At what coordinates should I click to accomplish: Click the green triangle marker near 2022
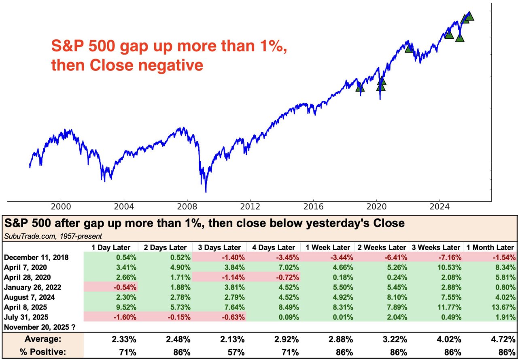[x=409, y=49]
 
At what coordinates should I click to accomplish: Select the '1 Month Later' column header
[x=490, y=247]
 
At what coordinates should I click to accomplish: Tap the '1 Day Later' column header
[x=110, y=247]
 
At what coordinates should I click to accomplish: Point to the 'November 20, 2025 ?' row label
[x=40, y=326]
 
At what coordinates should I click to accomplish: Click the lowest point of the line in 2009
[x=206, y=192]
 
